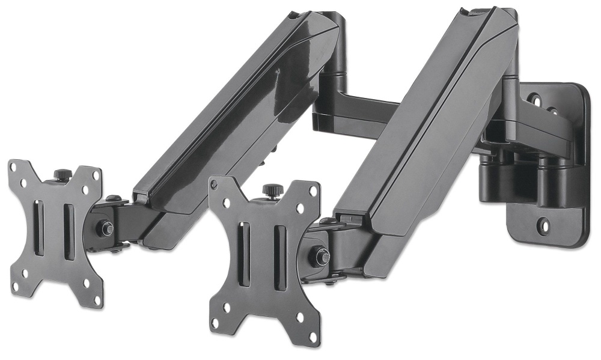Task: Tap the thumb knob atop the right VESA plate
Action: pos(270,190)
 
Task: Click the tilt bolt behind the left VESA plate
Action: pos(107,228)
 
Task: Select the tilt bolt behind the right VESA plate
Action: pos(319,255)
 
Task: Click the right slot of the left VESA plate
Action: pos(68,231)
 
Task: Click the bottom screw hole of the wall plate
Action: pos(544,227)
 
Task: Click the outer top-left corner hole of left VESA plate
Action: pos(17,168)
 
